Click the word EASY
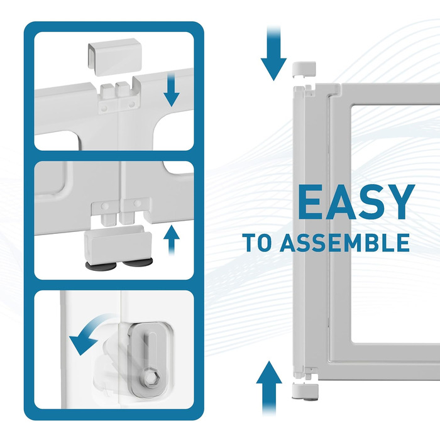pyautogui.click(x=356, y=202)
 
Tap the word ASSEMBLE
pyautogui.click(x=344, y=243)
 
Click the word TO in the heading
pyautogui.click(x=258, y=243)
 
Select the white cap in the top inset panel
pyautogui.click(x=115, y=57)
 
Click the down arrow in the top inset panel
pyautogui.click(x=172, y=90)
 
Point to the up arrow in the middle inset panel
pyautogui.click(x=172, y=240)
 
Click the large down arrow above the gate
pyautogui.click(x=273, y=53)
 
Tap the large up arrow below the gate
pyautogui.click(x=269, y=388)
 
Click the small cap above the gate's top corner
pyautogui.click(x=304, y=70)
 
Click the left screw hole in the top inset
pyautogui.click(x=104, y=107)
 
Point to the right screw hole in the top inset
pyautogui.click(x=131, y=105)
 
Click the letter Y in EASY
pyautogui.click(x=399, y=202)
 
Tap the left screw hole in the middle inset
pyautogui.click(x=105, y=206)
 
